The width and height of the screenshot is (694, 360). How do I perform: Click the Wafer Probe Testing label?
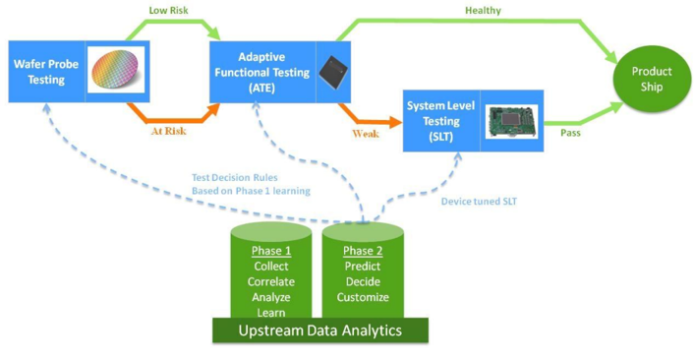[46, 72]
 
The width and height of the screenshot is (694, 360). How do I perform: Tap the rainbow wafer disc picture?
[116, 71]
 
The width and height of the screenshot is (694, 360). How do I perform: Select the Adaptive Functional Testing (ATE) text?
[262, 72]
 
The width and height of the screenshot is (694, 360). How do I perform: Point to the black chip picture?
[333, 72]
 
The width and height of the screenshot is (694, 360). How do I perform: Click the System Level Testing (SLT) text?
[440, 121]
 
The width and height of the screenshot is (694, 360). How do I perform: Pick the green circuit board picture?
[511, 121]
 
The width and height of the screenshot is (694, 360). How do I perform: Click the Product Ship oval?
[652, 79]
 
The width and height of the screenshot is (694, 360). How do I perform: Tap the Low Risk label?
[168, 10]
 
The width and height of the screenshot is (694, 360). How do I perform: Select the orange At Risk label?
[169, 131]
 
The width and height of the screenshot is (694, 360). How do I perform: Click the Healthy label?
[483, 11]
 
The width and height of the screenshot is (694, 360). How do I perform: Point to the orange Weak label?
[366, 134]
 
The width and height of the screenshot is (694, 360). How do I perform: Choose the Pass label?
[570, 133]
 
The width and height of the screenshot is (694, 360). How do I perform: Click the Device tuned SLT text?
[479, 202]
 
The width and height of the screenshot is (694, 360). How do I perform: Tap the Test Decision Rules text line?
[235, 178]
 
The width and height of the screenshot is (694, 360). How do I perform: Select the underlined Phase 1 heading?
[271, 251]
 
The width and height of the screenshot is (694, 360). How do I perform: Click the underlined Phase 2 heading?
[363, 251]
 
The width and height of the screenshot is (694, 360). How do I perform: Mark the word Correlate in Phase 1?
[271, 281]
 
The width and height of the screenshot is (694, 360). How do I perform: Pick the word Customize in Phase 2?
[363, 297]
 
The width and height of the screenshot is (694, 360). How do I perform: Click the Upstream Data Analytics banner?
[320, 330]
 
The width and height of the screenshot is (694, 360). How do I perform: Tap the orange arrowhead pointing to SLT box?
[395, 122]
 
